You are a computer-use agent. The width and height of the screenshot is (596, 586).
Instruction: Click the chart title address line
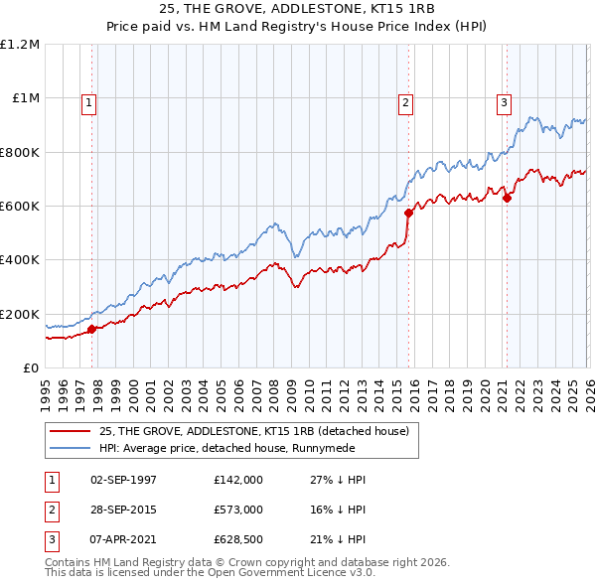[297, 8]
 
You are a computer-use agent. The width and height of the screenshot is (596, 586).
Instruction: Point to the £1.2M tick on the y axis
[20, 45]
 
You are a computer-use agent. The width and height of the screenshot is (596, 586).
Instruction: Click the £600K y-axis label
[20, 207]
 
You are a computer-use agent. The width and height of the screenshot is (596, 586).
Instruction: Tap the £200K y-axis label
[20, 314]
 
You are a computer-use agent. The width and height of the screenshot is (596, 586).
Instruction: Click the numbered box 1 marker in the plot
[89, 101]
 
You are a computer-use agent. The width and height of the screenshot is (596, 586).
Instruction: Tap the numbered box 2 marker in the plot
[406, 101]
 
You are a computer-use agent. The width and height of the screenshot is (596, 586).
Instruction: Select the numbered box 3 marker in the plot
[504, 101]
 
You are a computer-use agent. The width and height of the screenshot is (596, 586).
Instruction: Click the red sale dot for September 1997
[92, 329]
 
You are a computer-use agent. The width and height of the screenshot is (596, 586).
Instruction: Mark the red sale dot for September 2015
[408, 213]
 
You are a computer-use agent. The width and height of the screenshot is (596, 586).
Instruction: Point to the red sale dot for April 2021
[506, 198]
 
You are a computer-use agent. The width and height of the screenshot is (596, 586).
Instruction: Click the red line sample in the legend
[71, 430]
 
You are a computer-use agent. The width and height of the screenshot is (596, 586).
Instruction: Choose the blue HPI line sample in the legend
[71, 447]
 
